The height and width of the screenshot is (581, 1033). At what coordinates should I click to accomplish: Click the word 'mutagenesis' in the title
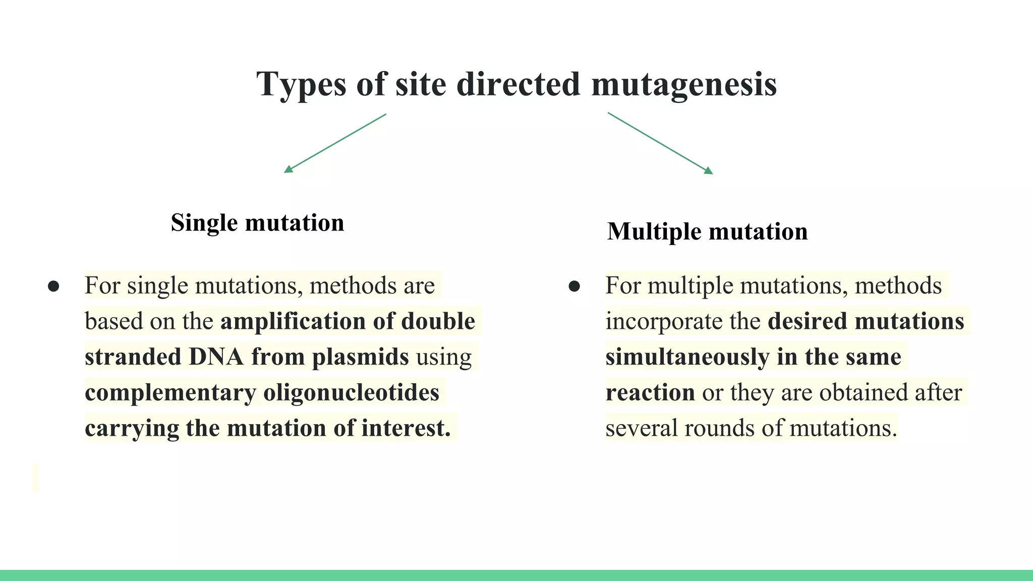pos(684,84)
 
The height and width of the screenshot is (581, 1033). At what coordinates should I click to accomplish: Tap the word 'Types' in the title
pos(301,84)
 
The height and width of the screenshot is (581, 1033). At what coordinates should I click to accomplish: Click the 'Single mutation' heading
pos(257,223)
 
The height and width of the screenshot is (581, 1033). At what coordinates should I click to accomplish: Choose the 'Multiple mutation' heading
pos(707,231)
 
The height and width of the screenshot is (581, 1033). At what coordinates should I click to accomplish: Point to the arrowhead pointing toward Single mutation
pos(289,169)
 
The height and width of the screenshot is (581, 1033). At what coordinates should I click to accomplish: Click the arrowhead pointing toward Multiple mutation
pos(708,170)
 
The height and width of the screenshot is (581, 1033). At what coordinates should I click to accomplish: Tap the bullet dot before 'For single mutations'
pos(53,286)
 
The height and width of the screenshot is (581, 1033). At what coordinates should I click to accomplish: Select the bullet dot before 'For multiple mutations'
pos(574,286)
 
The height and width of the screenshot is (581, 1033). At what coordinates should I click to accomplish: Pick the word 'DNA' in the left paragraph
pos(216,357)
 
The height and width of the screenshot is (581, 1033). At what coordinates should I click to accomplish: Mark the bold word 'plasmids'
pos(360,357)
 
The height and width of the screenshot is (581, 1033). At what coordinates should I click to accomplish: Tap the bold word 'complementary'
pos(170,393)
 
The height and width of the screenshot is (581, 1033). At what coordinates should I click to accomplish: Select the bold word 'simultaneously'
pos(687,357)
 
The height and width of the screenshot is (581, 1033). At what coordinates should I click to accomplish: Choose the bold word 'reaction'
pos(650,393)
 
